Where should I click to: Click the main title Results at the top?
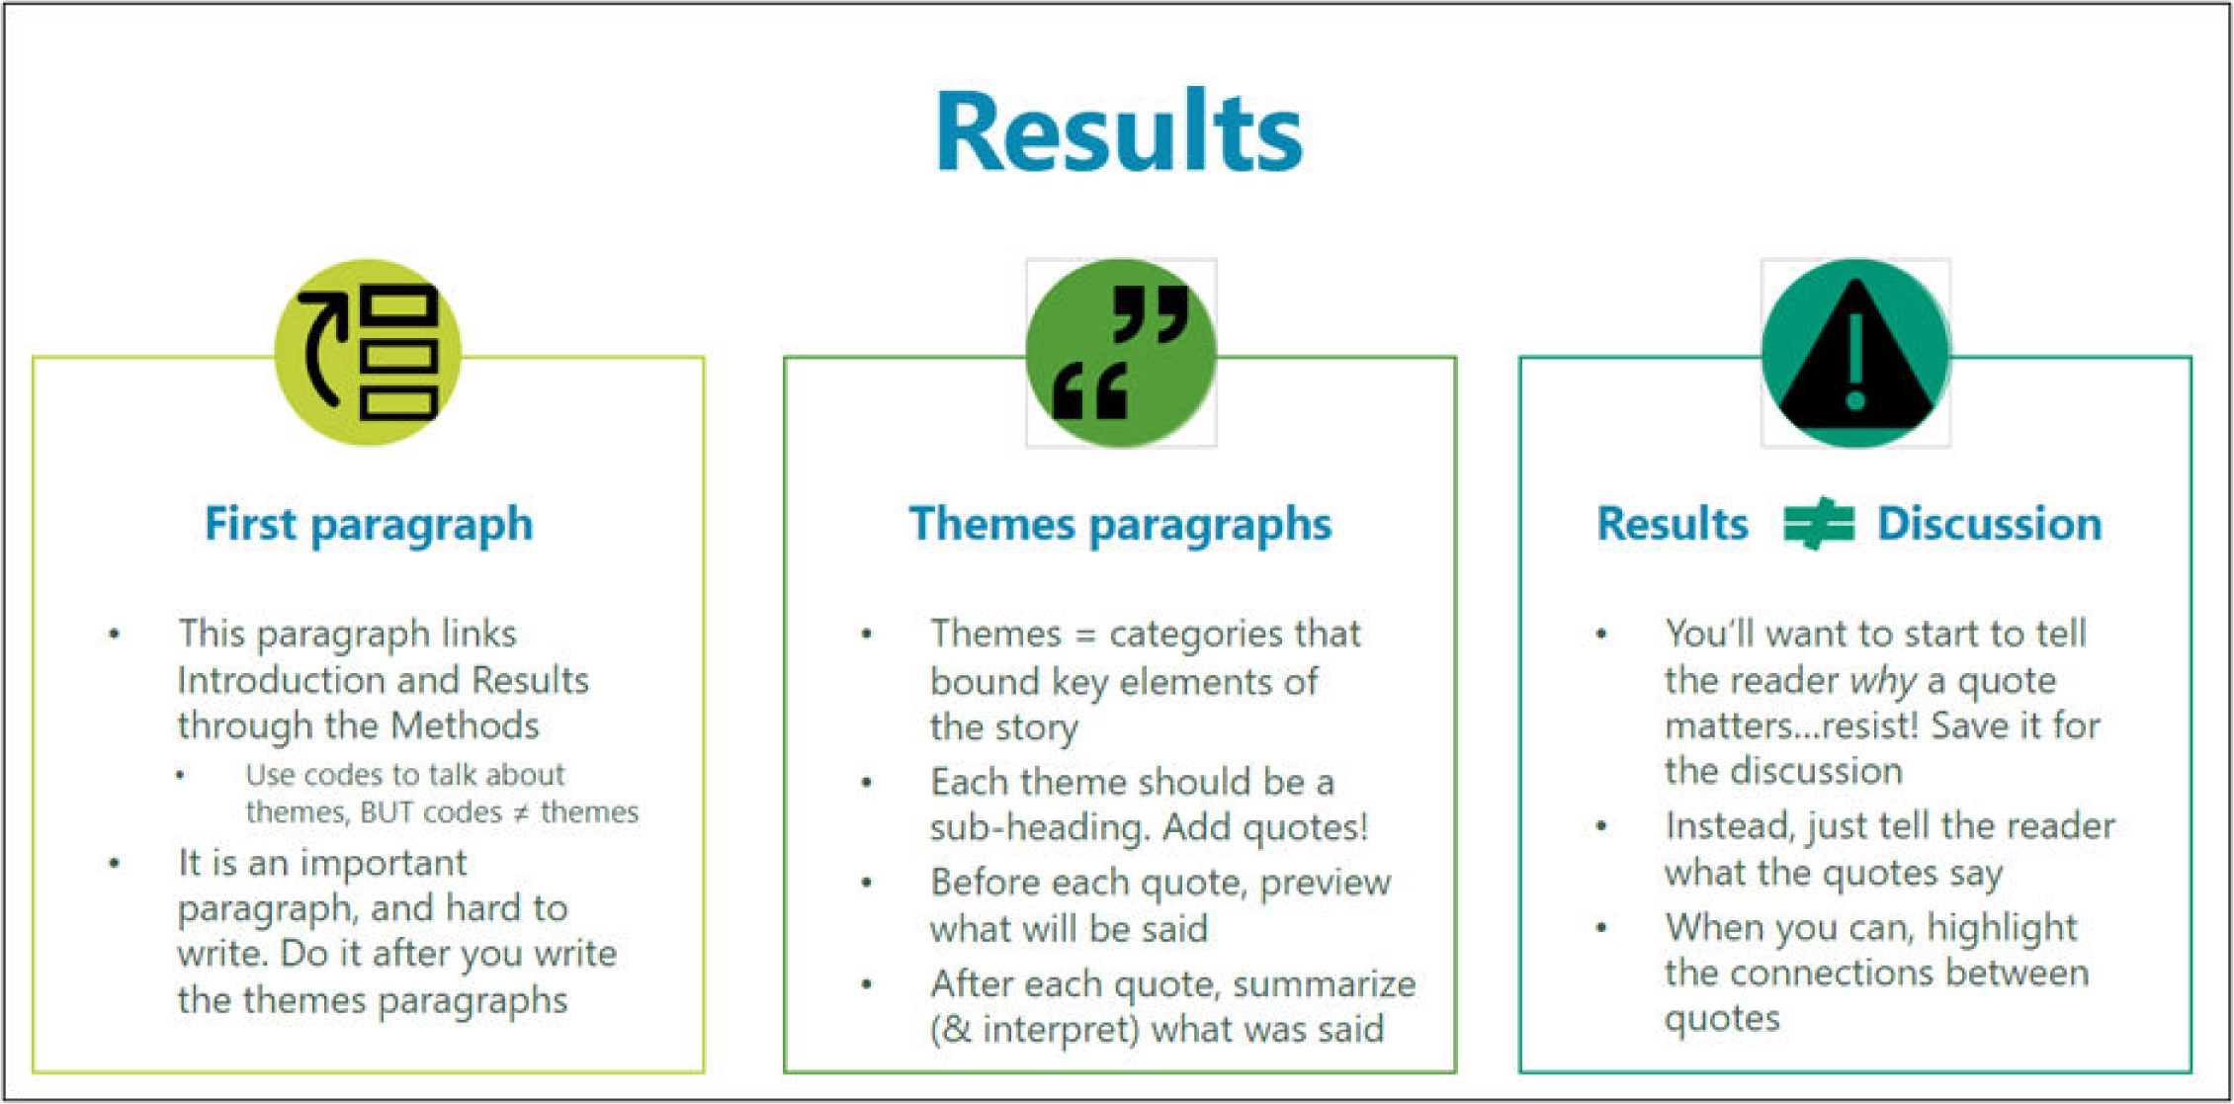(x=1119, y=131)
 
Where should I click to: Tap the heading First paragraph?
(x=369, y=524)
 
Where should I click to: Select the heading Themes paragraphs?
(x=1120, y=524)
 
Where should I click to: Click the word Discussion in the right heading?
(x=1989, y=523)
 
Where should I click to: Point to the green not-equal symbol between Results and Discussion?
(x=1819, y=523)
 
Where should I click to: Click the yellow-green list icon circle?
(x=369, y=353)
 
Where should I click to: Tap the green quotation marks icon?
(x=1121, y=353)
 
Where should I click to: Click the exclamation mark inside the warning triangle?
(x=1855, y=361)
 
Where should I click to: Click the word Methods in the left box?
(x=465, y=725)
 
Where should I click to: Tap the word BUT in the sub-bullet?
(x=387, y=812)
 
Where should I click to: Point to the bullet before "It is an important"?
(x=115, y=863)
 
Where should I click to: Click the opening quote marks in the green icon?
(x=1090, y=390)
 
